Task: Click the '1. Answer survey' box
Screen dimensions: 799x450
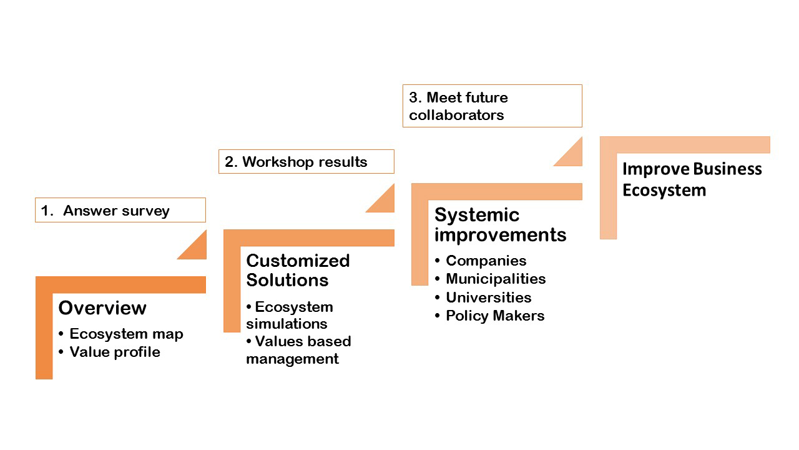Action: coord(120,210)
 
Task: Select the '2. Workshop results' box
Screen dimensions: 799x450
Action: coord(306,161)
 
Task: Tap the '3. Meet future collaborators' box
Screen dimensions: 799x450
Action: coord(493,106)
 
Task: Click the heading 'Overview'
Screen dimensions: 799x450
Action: coord(102,307)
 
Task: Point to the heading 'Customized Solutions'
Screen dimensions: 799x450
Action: coord(298,270)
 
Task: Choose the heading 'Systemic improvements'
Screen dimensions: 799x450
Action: coord(500,224)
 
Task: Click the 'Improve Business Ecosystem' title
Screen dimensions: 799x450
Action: coord(692,179)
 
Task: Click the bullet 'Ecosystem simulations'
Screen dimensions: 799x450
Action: coord(290,315)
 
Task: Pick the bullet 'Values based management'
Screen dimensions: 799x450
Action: coord(298,350)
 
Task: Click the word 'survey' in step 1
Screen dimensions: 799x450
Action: coord(147,211)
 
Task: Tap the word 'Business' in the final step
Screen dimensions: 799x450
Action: coord(728,169)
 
